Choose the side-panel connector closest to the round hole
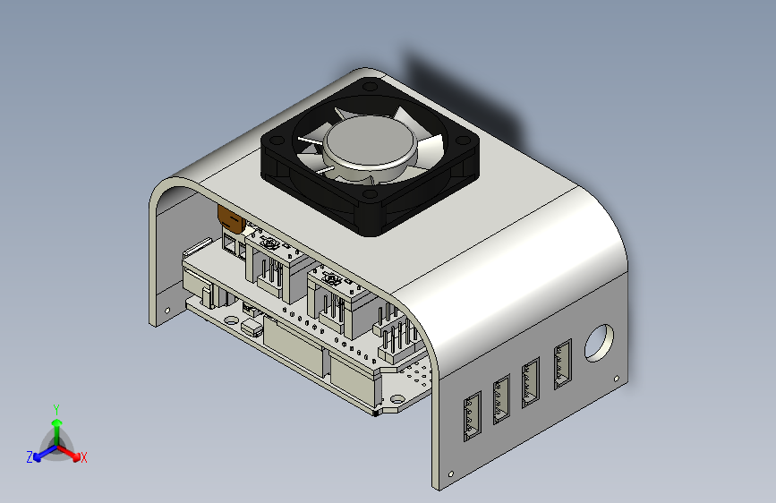pyautogui.click(x=563, y=365)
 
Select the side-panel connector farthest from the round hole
pyautogui.click(x=472, y=418)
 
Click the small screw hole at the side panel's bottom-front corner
pyautogui.click(x=451, y=473)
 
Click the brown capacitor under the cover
pyautogui.click(x=229, y=216)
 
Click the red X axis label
pyautogui.click(x=84, y=458)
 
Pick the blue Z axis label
pyautogui.click(x=30, y=457)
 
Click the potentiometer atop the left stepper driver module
pyautogui.click(x=267, y=241)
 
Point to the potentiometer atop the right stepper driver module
pyautogui.click(x=330, y=279)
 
